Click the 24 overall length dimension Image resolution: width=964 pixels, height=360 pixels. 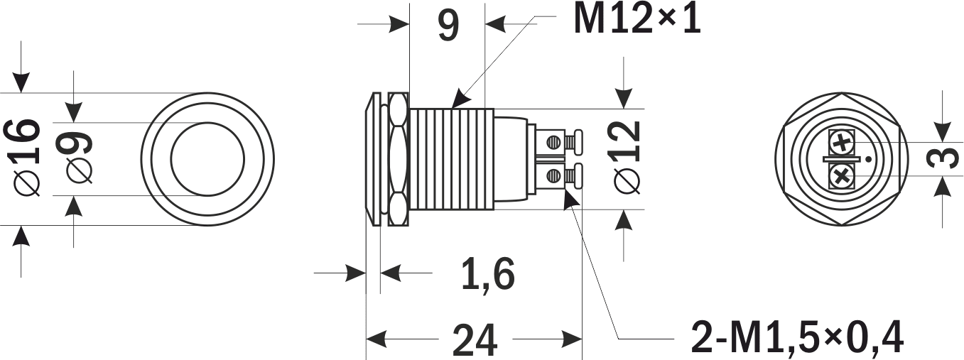coord(475,340)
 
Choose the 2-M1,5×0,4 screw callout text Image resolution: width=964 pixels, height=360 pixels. coord(796,338)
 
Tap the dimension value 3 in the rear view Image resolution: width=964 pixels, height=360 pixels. coord(943,158)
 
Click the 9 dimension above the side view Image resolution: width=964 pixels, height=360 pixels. coord(448,26)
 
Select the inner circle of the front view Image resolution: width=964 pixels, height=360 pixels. coord(207,158)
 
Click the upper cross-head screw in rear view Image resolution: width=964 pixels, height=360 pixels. coord(842,143)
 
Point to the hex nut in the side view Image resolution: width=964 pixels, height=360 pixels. coord(398,158)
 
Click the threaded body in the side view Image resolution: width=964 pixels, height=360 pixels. coord(453,158)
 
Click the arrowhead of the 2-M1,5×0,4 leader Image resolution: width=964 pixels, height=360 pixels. coord(569,200)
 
